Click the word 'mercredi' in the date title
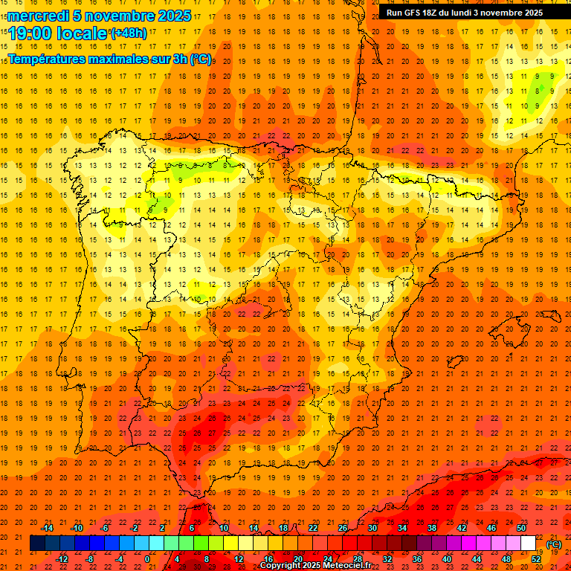pos(39,16)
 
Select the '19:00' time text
pos(30,33)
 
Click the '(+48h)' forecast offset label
pos(128,33)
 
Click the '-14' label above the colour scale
pos(47,528)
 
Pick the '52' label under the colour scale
pos(536,559)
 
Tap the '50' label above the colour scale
pos(521,528)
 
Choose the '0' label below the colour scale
pos(147,559)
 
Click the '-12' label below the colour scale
pos(62,559)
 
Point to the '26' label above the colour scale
pos(343,528)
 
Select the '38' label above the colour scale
pos(432,528)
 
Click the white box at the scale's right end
pos(528,543)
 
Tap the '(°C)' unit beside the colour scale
pos(554,544)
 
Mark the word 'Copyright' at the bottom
pos(282,566)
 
